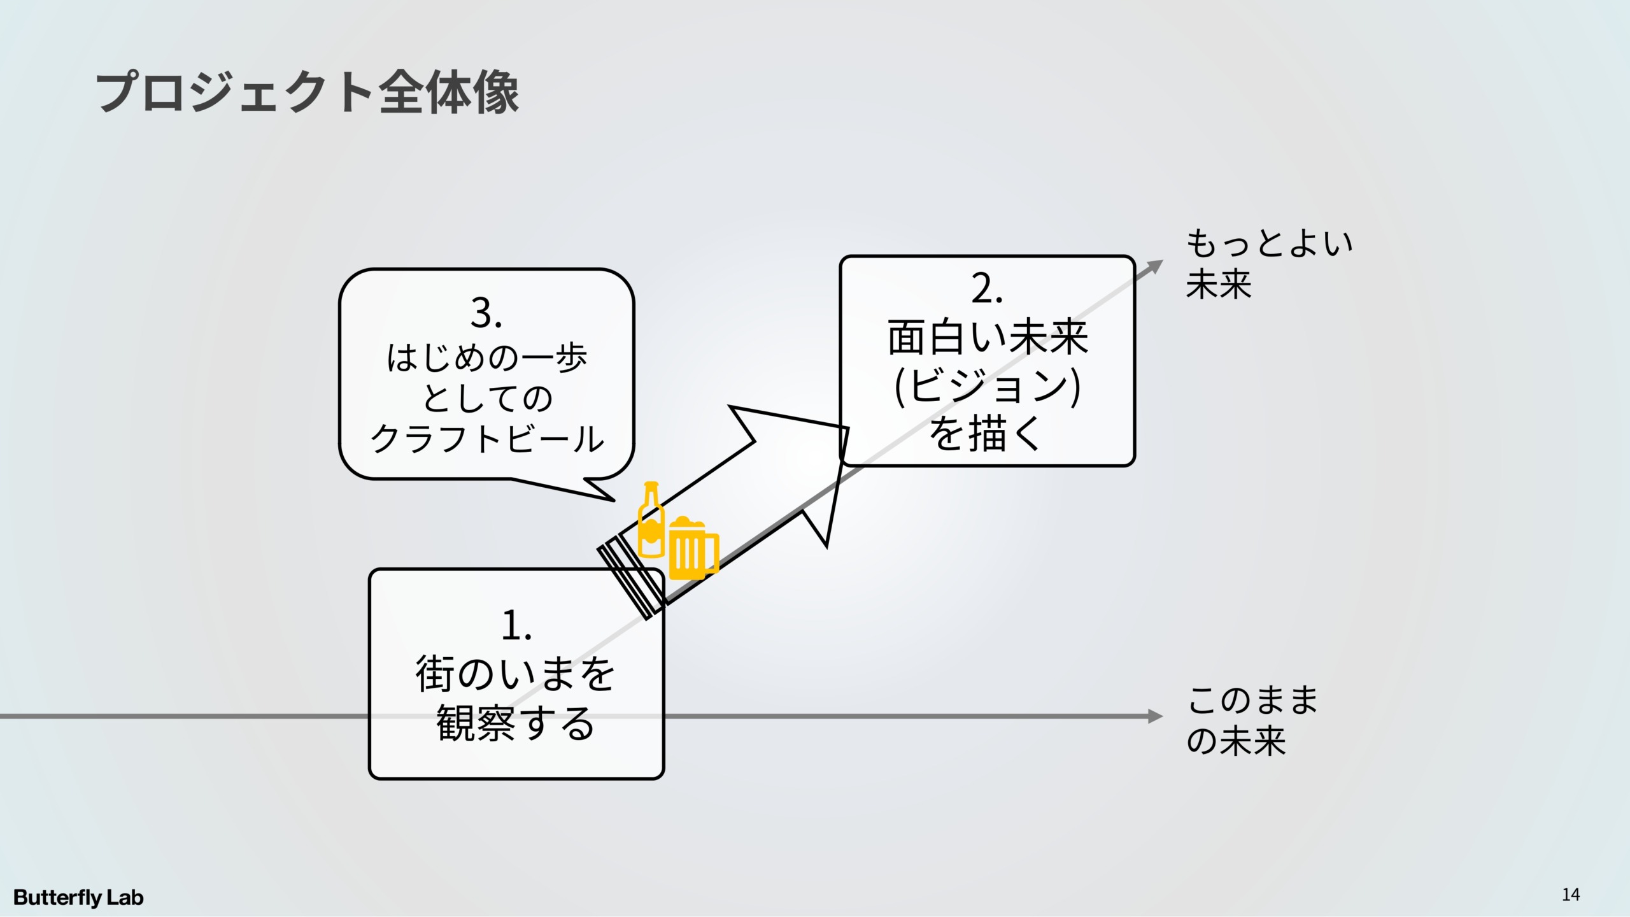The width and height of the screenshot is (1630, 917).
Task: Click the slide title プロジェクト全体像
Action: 307,93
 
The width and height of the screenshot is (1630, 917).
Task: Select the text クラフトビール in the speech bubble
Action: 487,438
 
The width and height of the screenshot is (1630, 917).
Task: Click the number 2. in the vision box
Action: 987,289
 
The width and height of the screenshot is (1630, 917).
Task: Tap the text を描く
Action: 986,434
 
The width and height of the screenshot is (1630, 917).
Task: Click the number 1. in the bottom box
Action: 516,625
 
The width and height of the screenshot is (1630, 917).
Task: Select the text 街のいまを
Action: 516,674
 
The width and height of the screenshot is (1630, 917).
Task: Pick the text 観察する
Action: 516,723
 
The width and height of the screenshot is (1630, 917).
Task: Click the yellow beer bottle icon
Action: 651,520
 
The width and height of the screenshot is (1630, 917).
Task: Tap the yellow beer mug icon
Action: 693,548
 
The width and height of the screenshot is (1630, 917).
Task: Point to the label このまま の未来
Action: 1251,720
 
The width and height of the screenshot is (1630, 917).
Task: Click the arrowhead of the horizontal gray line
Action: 1155,716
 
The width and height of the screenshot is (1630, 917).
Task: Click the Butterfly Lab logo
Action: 78,897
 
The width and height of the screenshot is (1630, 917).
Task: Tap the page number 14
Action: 1570,895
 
